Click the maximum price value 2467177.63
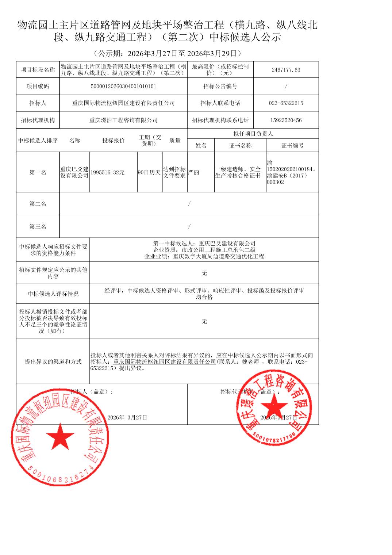(x=286, y=70)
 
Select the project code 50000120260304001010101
(x=123, y=87)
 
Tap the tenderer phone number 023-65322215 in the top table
(x=286, y=103)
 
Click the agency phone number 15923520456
(x=286, y=120)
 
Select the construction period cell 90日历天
(x=149, y=172)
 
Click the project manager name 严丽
(x=194, y=172)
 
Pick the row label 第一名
(x=38, y=172)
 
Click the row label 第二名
(x=38, y=204)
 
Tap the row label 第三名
(x=38, y=227)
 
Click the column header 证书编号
(x=292, y=145)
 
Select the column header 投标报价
(x=113, y=141)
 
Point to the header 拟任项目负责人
(x=253, y=134)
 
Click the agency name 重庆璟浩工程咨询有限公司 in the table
(x=123, y=120)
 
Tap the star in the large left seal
(x=60, y=437)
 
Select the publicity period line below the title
(x=167, y=54)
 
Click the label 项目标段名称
(x=38, y=70)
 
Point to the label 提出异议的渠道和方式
(x=53, y=361)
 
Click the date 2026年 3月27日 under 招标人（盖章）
(x=127, y=417)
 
